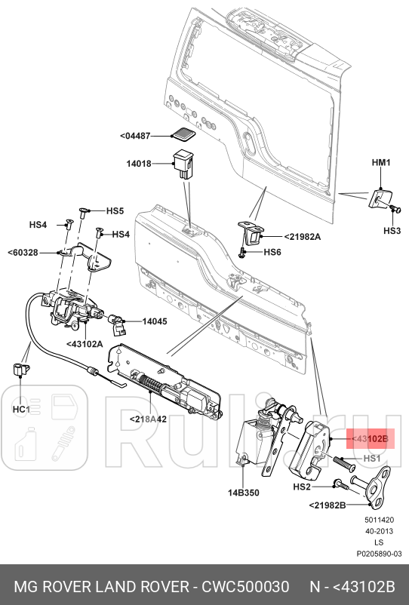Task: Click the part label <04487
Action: [135, 136]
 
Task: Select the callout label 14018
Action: [138, 161]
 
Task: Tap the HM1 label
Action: [381, 163]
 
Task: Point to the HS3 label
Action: [392, 230]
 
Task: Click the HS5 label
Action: [114, 211]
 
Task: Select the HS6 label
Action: [272, 252]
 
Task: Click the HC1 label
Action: [20, 409]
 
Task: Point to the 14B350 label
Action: [243, 493]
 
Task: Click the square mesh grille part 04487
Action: [183, 135]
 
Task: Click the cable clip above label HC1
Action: [20, 370]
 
